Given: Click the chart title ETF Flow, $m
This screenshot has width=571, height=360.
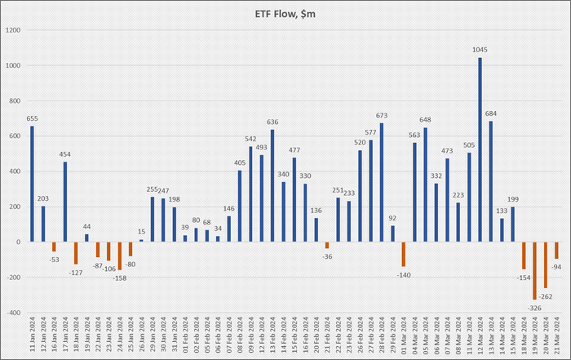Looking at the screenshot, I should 285,12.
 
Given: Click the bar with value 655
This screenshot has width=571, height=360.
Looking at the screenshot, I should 33,184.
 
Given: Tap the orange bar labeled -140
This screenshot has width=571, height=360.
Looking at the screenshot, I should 403,254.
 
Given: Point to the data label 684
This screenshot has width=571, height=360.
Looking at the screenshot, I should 490,113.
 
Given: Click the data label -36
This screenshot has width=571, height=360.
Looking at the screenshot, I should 326,257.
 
